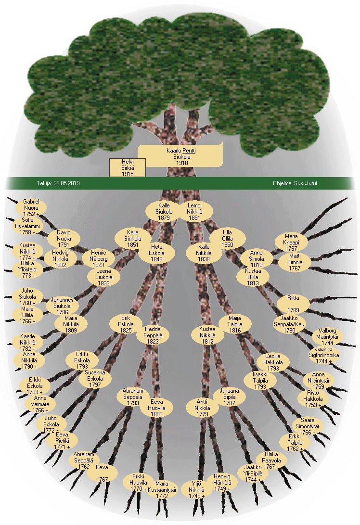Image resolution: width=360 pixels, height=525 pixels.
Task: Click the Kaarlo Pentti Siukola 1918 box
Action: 180,156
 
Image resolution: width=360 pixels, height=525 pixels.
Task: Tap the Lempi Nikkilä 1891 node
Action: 193,211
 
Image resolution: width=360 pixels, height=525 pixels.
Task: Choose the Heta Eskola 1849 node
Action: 156,252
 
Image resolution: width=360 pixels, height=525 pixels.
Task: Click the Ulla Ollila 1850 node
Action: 227,239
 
